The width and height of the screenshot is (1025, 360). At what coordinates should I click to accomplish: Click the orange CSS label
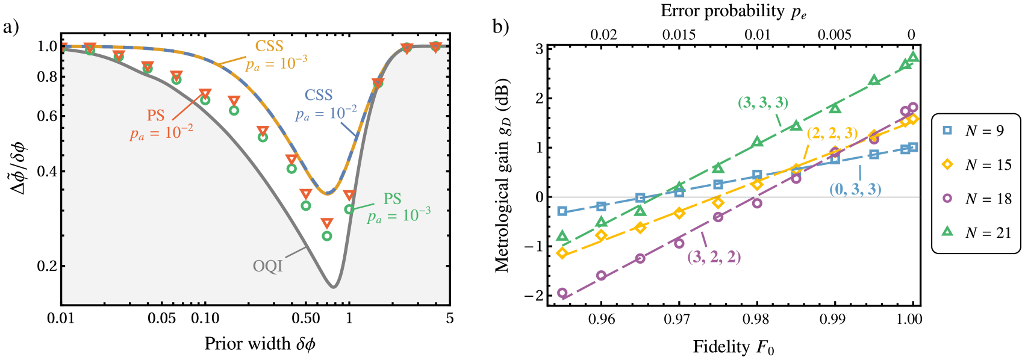pyautogui.click(x=269, y=46)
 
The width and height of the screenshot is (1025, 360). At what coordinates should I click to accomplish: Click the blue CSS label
pyautogui.click(x=319, y=96)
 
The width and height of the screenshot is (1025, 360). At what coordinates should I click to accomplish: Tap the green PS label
pyautogui.click(x=393, y=199)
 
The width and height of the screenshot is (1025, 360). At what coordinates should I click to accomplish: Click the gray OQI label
pyautogui.click(x=267, y=266)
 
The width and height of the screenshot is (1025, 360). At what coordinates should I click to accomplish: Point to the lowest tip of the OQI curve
pyautogui.click(x=333, y=287)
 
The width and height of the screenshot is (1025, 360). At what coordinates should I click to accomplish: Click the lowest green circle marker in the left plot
pyautogui.click(x=327, y=236)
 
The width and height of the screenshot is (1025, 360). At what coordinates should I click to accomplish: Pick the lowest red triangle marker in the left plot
pyautogui.click(x=327, y=223)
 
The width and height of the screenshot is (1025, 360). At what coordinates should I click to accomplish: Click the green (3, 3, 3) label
pyautogui.click(x=763, y=103)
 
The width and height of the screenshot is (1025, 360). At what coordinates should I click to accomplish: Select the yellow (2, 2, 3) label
pyautogui.click(x=832, y=134)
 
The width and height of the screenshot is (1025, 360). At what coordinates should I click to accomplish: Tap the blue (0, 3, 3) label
pyautogui.click(x=855, y=189)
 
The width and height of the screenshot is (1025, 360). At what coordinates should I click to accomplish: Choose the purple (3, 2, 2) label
pyautogui.click(x=714, y=258)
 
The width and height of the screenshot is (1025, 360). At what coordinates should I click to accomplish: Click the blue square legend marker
pyautogui.click(x=947, y=130)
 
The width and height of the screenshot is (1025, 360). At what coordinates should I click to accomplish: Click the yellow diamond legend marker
pyautogui.click(x=947, y=164)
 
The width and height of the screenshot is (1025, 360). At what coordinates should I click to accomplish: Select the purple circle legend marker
pyautogui.click(x=947, y=197)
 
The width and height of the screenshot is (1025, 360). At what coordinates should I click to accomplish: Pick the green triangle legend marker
pyautogui.click(x=947, y=231)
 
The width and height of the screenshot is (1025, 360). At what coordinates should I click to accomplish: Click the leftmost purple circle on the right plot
pyautogui.click(x=562, y=293)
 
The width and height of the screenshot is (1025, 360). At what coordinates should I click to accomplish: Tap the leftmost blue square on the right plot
pyautogui.click(x=562, y=211)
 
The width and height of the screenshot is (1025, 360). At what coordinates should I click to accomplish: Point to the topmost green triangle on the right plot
pyautogui.click(x=913, y=57)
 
